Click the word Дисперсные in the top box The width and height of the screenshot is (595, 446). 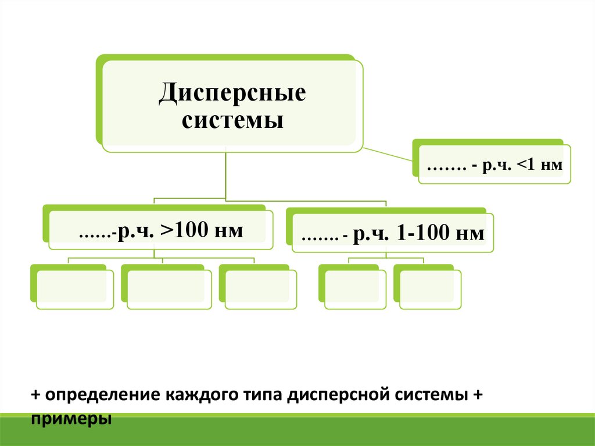tap(232, 93)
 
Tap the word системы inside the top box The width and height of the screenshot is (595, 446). tap(232, 122)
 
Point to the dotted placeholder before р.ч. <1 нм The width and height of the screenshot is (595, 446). tap(447, 167)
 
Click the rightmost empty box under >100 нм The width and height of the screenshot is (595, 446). tap(257, 288)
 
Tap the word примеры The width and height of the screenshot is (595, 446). tap(71, 418)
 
